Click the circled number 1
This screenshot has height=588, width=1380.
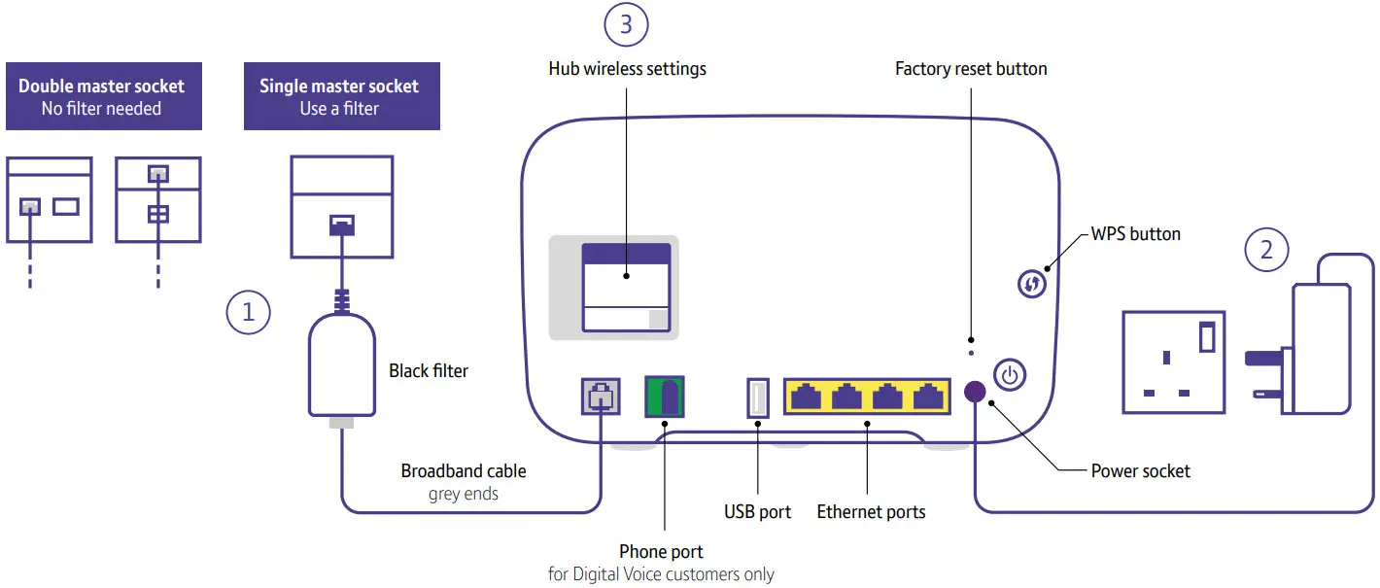[248, 312]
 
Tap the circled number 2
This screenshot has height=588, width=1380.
[1266, 250]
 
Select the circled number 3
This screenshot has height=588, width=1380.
[626, 24]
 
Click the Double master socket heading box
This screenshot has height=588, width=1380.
[104, 96]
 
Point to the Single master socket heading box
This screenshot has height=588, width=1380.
[341, 96]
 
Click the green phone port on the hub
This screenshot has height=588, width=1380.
[665, 397]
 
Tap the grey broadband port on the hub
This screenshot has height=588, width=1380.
[601, 397]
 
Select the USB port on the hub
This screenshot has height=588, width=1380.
[758, 398]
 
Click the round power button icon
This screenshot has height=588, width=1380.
[1010, 375]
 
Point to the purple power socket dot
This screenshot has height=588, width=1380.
[974, 391]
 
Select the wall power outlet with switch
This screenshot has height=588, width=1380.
[1173, 362]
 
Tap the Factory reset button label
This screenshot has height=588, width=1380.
[971, 69]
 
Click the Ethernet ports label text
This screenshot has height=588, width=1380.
[871, 512]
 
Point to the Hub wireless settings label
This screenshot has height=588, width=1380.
[627, 69]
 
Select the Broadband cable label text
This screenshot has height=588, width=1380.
[464, 471]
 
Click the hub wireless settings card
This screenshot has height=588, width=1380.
[626, 289]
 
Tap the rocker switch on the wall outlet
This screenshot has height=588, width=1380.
[1207, 336]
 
